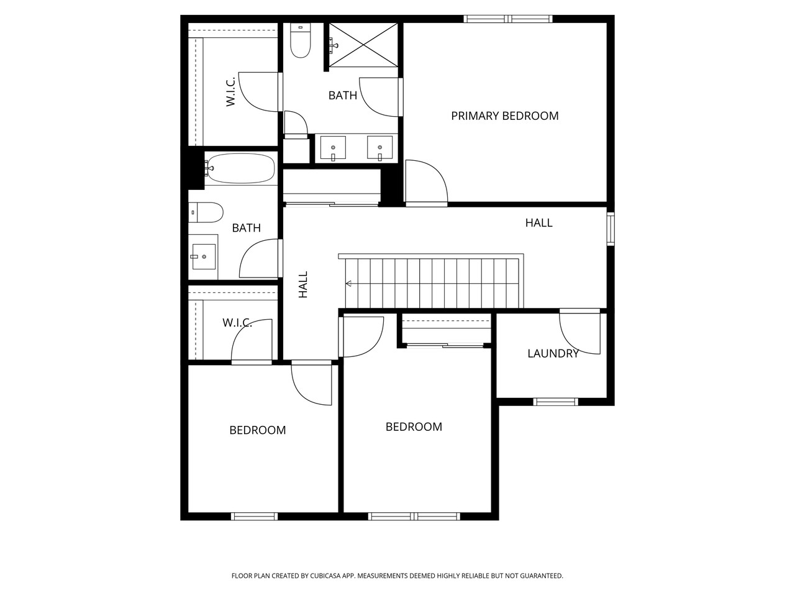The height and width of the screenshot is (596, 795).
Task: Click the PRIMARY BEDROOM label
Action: (504, 116)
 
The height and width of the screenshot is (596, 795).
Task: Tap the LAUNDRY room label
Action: (553, 354)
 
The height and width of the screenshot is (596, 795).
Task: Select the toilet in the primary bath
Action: (301, 42)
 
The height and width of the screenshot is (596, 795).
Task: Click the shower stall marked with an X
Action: (363, 44)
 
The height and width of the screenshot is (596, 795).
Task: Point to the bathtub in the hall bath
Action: (240, 168)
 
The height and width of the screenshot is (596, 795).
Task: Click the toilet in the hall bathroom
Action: (207, 213)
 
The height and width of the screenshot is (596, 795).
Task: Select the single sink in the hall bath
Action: (203, 256)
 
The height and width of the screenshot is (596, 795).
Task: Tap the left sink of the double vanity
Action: (334, 150)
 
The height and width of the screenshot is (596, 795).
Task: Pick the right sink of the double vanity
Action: (379, 150)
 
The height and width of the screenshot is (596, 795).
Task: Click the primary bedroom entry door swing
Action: (425, 182)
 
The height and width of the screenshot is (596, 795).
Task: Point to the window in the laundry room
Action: (556, 402)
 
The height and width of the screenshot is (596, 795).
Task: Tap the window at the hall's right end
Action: (611, 228)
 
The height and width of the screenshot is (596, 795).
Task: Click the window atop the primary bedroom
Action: (509, 19)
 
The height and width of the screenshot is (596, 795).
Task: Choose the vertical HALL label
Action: (303, 285)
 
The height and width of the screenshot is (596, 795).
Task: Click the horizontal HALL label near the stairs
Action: (538, 223)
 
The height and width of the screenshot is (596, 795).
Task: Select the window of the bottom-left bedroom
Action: (255, 516)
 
